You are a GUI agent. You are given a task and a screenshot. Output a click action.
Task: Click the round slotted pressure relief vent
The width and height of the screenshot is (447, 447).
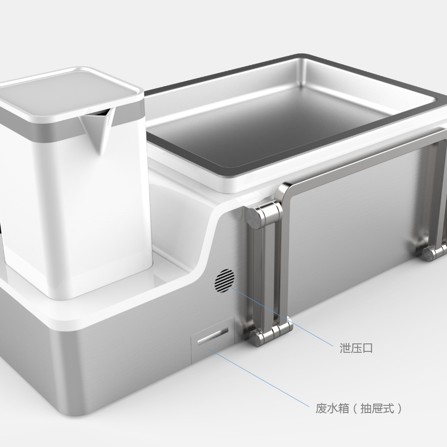coord(224,281)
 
